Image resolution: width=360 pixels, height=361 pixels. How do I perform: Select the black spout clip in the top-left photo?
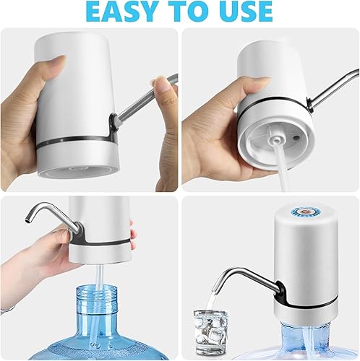113,127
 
